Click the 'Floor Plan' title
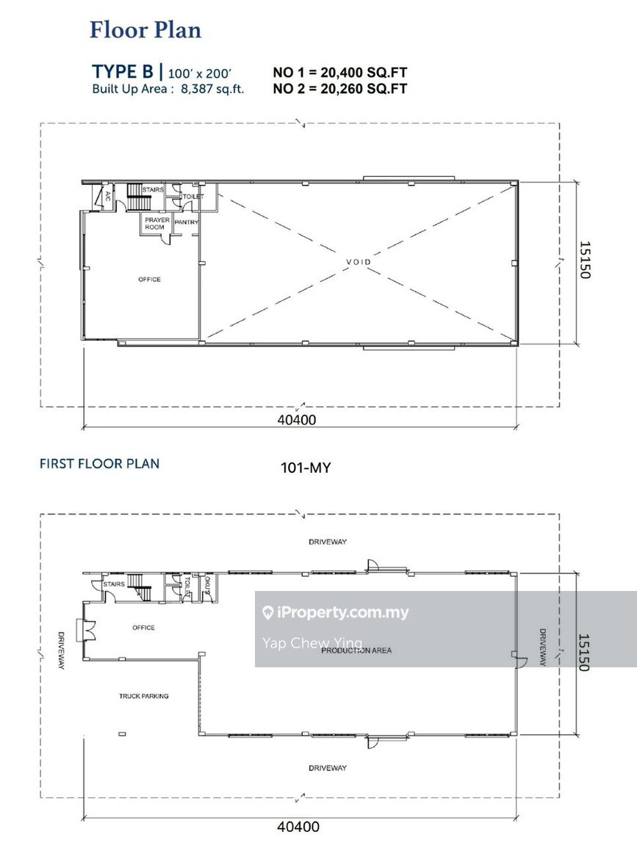pyautogui.click(x=145, y=30)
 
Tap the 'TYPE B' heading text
pyautogui.click(x=123, y=72)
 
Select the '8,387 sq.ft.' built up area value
pyautogui.click(x=212, y=89)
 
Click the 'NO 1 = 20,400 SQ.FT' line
pyautogui.click(x=339, y=72)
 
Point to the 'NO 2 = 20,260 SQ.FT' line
pyautogui.click(x=339, y=88)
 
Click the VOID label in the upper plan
pyautogui.click(x=359, y=262)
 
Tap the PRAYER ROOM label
pyautogui.click(x=157, y=224)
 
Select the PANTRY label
pyautogui.click(x=186, y=222)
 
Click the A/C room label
pyautogui.click(x=108, y=196)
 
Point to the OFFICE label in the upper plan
pyautogui.click(x=149, y=279)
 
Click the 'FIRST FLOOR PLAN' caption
pyautogui.click(x=99, y=463)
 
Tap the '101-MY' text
pyautogui.click(x=306, y=468)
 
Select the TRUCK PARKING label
pyautogui.click(x=143, y=696)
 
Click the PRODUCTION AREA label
pyautogui.click(x=356, y=650)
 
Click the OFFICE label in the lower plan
pyautogui.click(x=143, y=628)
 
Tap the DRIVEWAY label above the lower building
pyautogui.click(x=328, y=542)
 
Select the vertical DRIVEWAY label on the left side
pyautogui.click(x=61, y=650)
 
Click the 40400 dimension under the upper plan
pyautogui.click(x=297, y=420)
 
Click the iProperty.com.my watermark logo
pyautogui.click(x=336, y=613)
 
